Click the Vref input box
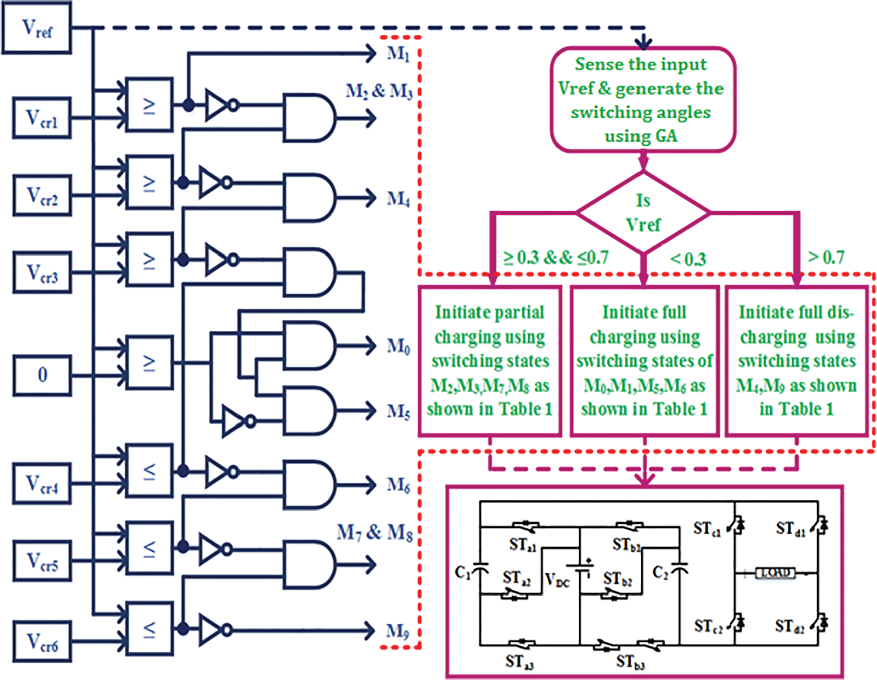click(x=36, y=28)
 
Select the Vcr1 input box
click(x=42, y=118)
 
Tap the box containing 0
click(x=42, y=375)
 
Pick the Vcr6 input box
click(x=42, y=642)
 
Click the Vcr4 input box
click(x=42, y=483)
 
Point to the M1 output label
click(x=398, y=53)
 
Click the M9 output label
click(x=397, y=631)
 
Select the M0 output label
click(x=398, y=346)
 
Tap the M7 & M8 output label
click(x=374, y=532)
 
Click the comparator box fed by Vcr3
click(x=149, y=260)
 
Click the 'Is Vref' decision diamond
click(x=643, y=213)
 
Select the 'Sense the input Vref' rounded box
click(x=643, y=100)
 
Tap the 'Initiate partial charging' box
click(x=490, y=361)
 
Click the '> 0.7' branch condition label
click(x=826, y=258)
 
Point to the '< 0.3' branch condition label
click(x=688, y=259)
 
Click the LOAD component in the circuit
click(x=775, y=573)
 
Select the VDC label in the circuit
click(x=557, y=580)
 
